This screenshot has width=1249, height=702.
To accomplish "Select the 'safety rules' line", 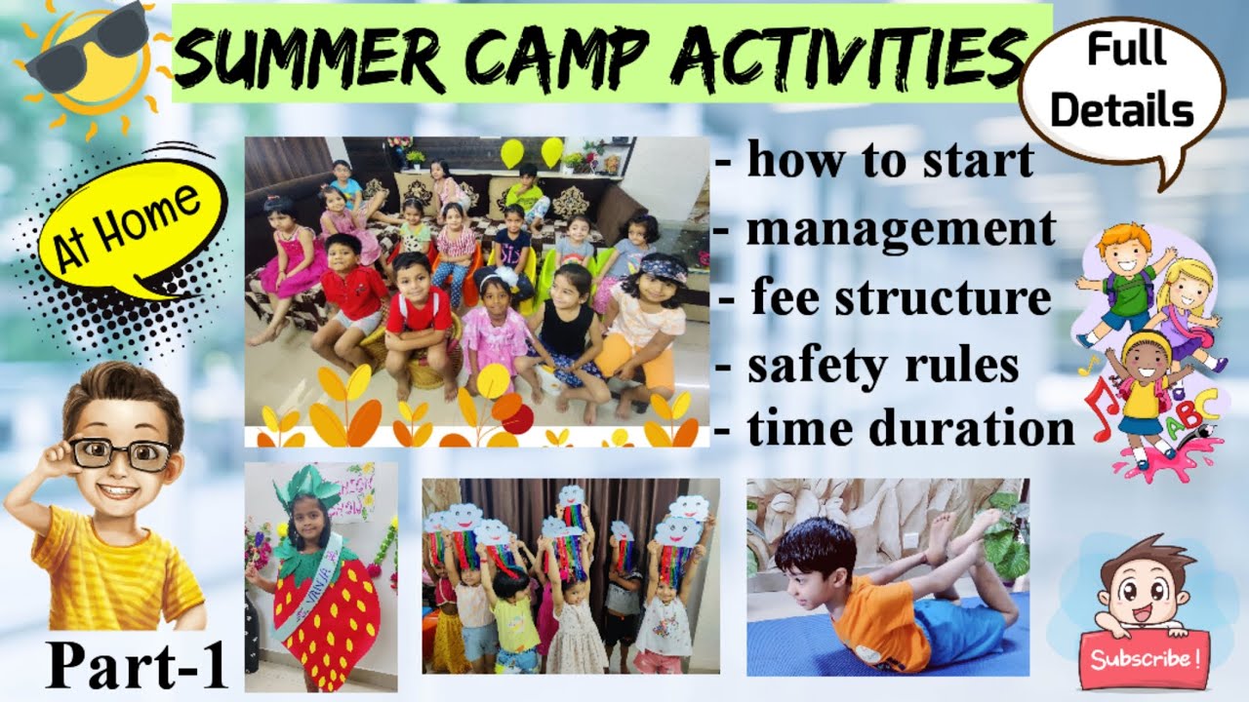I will (868, 366).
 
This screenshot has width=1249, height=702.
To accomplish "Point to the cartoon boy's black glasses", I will (123, 450).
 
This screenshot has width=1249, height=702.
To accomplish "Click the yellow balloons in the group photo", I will (532, 152).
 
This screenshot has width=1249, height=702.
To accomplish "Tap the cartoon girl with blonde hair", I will (1186, 302).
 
